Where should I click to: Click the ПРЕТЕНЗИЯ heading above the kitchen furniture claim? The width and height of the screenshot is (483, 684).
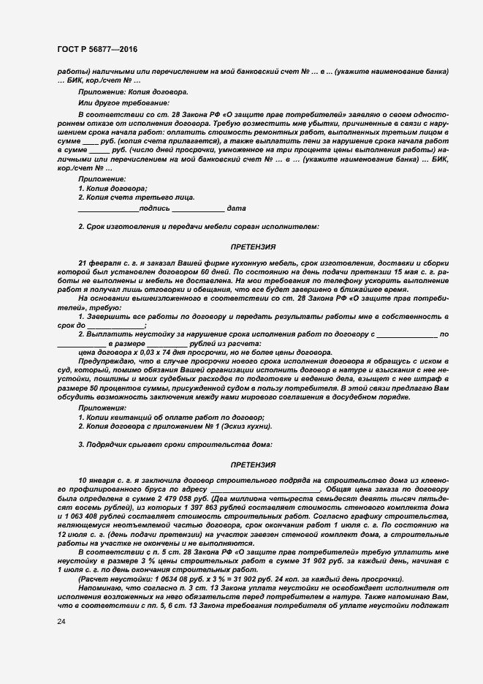coord(253,247)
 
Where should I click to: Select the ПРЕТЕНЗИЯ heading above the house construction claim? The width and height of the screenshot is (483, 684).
coord(253,465)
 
